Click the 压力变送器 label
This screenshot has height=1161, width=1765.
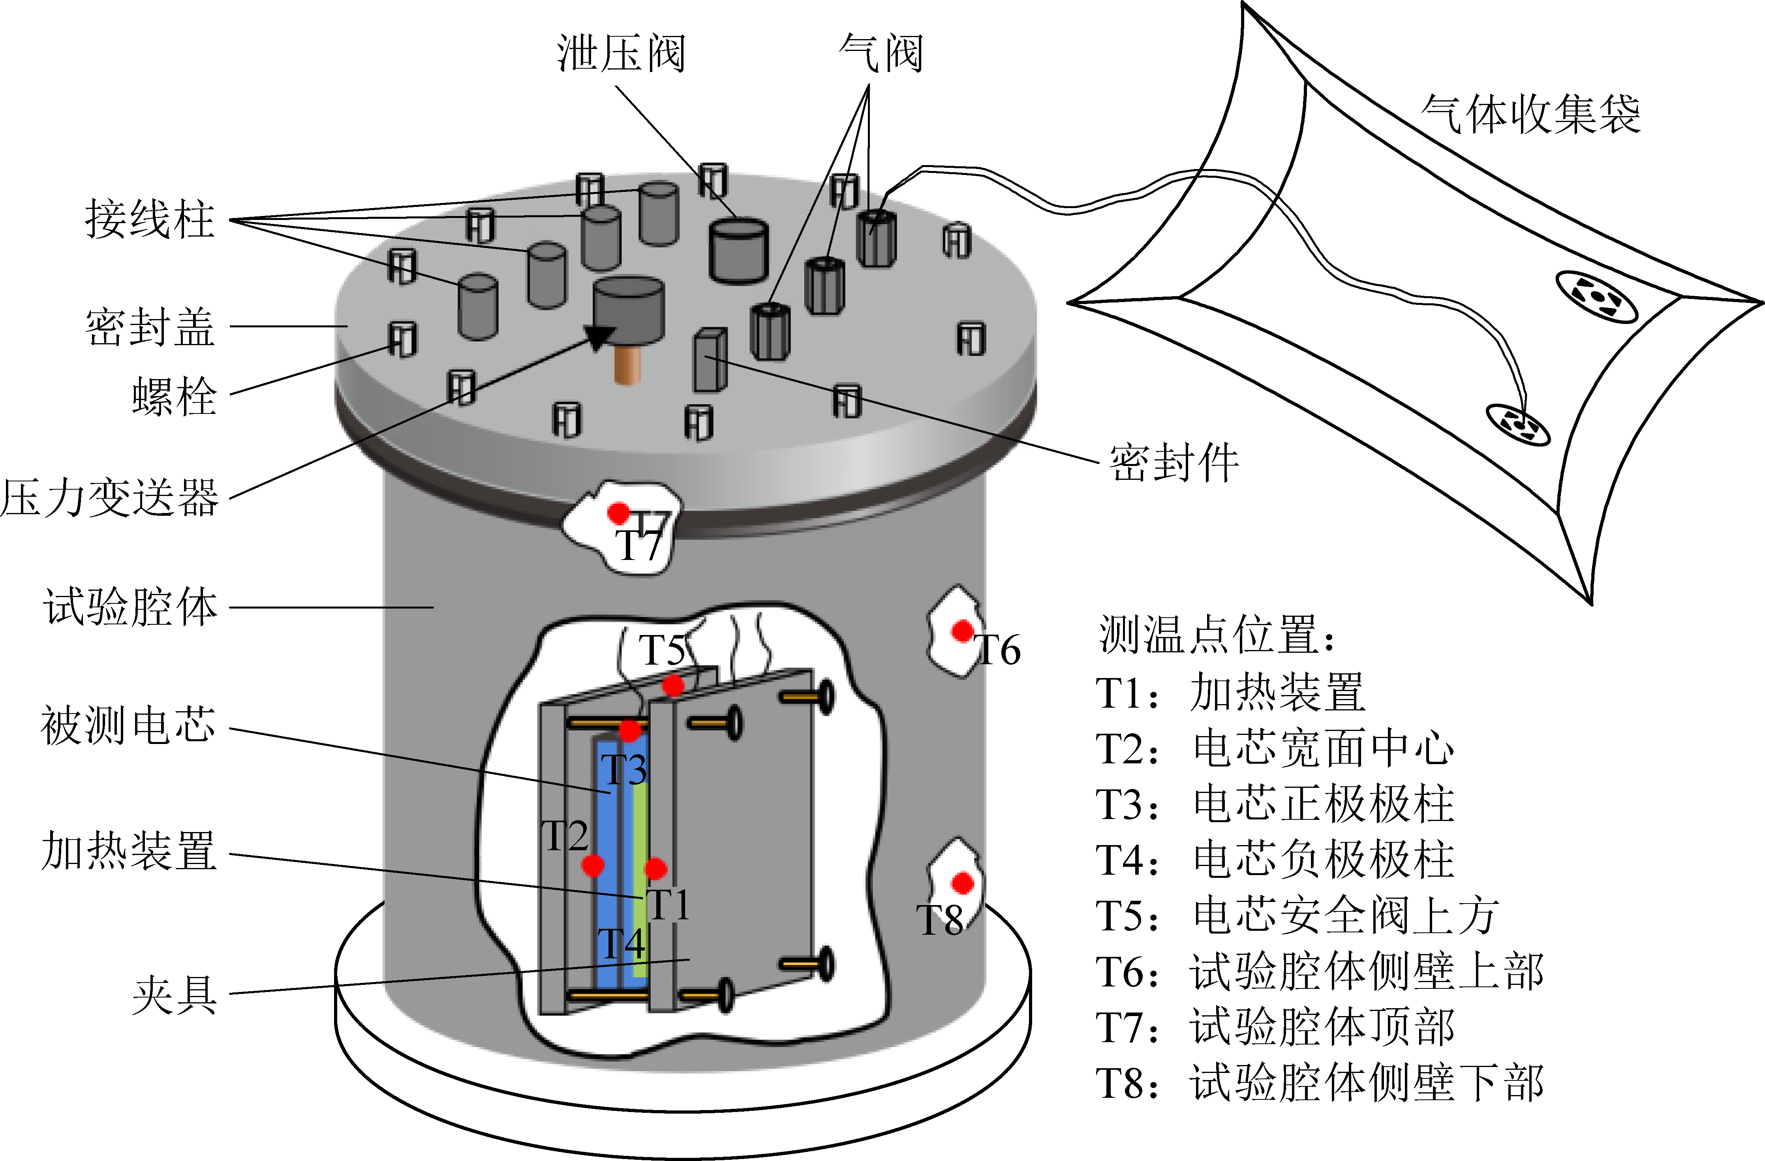click(110, 497)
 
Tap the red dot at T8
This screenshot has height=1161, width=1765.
click(963, 883)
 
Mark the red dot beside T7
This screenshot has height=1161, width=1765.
click(618, 512)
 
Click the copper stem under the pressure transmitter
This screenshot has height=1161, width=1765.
click(627, 364)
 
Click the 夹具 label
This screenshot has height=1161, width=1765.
click(175, 995)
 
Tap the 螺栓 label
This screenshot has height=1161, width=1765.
click(175, 395)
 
